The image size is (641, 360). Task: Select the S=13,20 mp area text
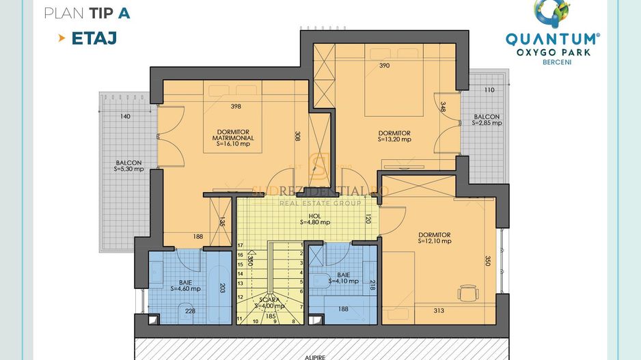[x=394, y=139]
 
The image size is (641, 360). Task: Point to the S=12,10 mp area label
[x=435, y=241]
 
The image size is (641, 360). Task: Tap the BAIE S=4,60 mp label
[x=185, y=285]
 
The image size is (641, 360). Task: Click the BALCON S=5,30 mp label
[x=129, y=166]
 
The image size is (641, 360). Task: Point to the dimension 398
[x=236, y=106]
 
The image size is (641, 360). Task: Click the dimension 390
[x=384, y=66]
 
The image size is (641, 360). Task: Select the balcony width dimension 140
[x=124, y=116]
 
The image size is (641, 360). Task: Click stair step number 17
[x=240, y=245]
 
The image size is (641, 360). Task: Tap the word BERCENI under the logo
[x=553, y=62]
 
